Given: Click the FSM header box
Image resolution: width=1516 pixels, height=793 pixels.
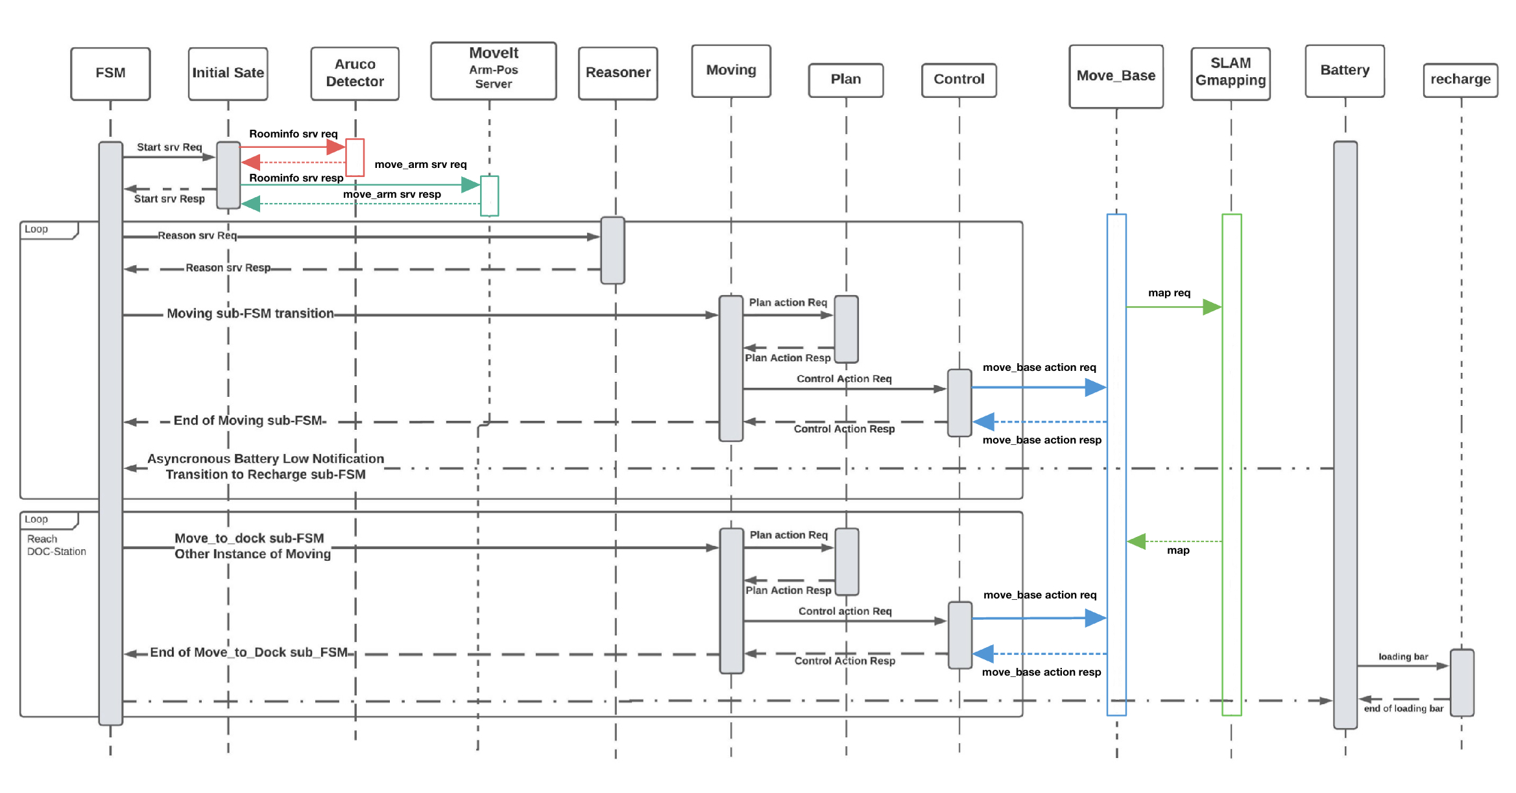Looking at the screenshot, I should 110,73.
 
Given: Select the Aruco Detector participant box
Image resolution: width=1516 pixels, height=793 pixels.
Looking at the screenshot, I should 355,73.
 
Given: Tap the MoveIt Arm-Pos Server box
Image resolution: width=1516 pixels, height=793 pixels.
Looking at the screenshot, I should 493,71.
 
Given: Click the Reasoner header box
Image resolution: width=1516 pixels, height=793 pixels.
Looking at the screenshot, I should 618,73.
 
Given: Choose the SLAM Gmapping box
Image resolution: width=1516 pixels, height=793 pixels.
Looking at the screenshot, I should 1230,73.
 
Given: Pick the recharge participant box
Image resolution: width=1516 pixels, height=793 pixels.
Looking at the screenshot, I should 1460,80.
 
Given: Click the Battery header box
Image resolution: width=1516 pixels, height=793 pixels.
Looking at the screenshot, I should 1344,71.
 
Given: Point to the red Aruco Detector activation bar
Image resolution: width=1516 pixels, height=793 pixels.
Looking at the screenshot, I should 355,157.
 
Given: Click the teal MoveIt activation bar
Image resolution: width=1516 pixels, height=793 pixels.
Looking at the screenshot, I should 489,195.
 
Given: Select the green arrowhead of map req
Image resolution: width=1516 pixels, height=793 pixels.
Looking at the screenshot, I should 1212,307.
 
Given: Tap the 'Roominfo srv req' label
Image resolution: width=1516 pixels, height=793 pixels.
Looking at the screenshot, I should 293,134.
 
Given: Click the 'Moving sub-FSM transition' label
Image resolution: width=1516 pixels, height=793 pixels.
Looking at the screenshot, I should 250,313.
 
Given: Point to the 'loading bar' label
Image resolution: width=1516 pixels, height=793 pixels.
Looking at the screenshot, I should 1403,656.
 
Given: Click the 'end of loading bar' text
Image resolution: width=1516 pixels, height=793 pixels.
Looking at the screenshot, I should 1403,708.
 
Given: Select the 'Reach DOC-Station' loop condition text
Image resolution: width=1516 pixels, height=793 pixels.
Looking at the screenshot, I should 56,545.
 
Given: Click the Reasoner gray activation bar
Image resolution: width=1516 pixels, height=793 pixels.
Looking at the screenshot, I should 612,250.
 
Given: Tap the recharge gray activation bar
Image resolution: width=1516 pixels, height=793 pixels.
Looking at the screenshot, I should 1462,682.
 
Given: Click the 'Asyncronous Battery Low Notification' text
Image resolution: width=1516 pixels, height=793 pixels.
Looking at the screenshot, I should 265,459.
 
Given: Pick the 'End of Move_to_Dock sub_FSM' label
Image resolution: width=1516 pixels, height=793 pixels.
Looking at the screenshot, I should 249,652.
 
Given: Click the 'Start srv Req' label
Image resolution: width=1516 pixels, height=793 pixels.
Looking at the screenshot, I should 169,147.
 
